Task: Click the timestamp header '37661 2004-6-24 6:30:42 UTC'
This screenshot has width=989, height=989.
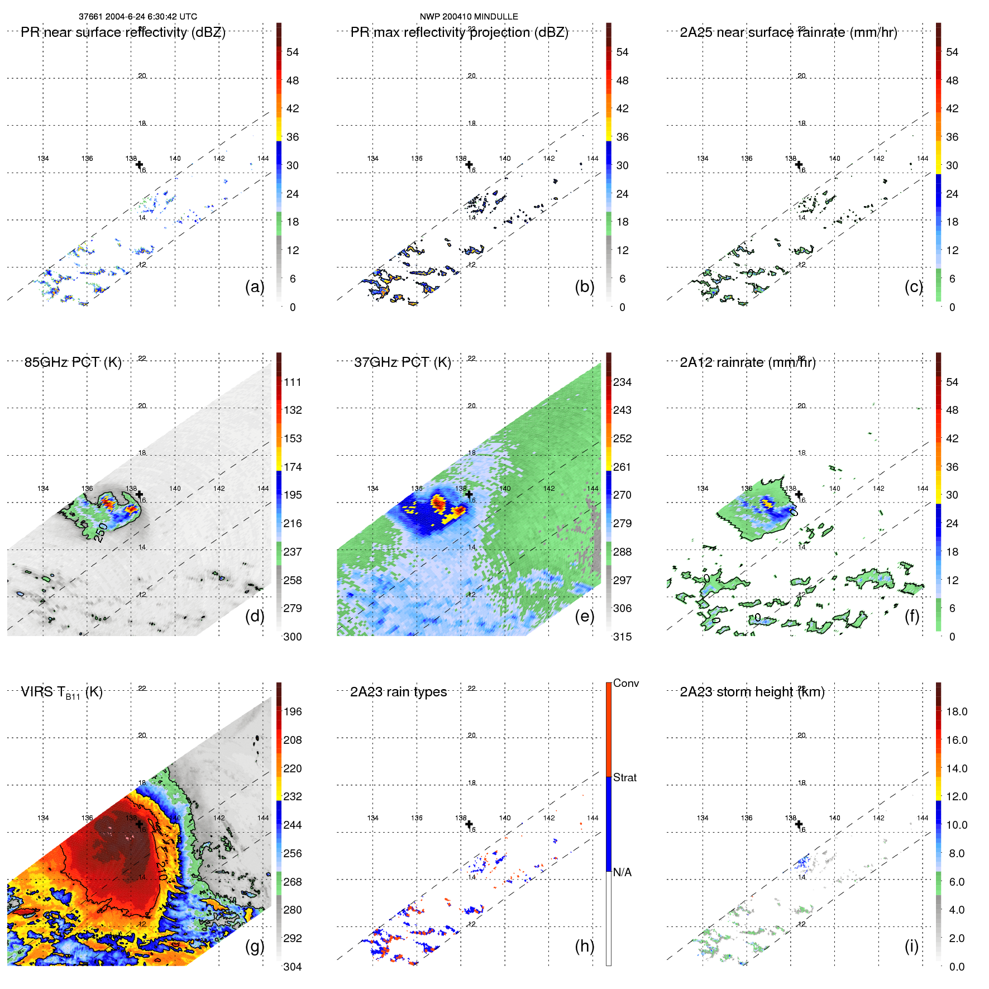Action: coord(137,17)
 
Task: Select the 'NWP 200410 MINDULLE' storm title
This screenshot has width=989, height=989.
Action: coord(469,17)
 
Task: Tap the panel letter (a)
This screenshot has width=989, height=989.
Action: coord(255,286)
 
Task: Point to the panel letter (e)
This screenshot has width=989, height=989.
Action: coord(584,616)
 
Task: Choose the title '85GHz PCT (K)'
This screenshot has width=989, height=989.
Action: coord(73,362)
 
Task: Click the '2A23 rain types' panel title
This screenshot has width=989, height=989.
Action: coord(398,692)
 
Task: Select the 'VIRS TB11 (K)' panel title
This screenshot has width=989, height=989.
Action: coord(61,692)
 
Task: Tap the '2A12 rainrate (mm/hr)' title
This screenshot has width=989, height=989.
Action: coord(748,362)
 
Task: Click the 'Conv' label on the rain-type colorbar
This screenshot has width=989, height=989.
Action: coord(626,683)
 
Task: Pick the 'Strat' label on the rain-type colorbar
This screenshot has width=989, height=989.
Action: coord(625,777)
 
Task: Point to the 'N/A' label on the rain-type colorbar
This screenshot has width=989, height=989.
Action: coord(622,872)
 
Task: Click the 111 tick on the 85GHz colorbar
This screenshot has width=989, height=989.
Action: coord(293,382)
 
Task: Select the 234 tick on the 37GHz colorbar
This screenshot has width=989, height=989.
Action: coord(622,382)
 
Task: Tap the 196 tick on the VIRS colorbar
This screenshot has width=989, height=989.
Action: coord(293,711)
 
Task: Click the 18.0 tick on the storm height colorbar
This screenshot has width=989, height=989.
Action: coord(957,711)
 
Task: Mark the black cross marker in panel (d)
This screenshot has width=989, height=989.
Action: coord(139,494)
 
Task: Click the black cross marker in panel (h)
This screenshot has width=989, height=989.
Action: coord(469,824)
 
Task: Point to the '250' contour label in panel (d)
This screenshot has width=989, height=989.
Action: coord(101,532)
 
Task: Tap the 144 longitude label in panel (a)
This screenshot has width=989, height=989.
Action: coord(263,159)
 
